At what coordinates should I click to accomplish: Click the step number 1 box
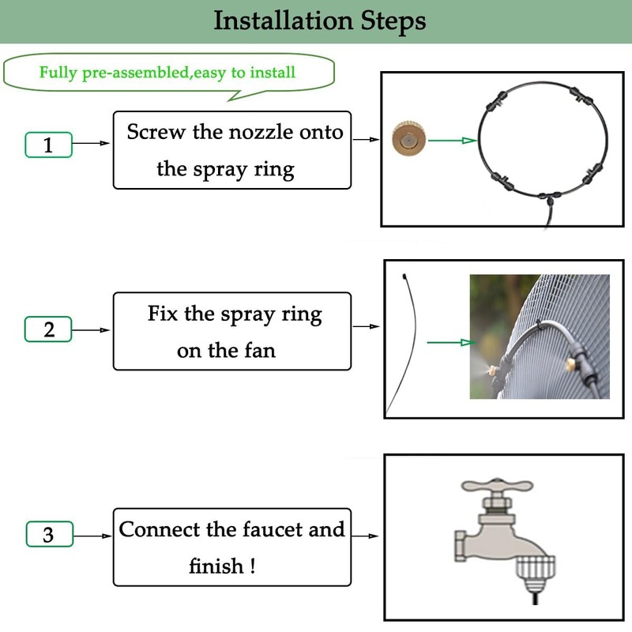48,145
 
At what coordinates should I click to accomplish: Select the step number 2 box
48,329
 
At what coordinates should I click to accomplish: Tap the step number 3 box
48,534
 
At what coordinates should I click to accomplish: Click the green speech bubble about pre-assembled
167,73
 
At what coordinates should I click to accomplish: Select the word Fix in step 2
164,314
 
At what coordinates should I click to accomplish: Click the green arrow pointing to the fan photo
451,342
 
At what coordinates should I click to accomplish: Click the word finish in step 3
216,566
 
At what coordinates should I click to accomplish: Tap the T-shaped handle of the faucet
497,486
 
